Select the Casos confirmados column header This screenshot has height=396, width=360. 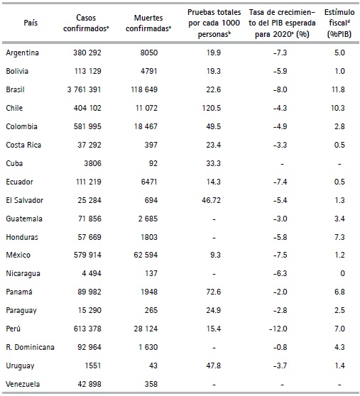click(93, 23)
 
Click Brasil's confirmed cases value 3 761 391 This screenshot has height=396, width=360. click(93, 89)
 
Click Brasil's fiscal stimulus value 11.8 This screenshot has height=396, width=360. click(339, 89)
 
